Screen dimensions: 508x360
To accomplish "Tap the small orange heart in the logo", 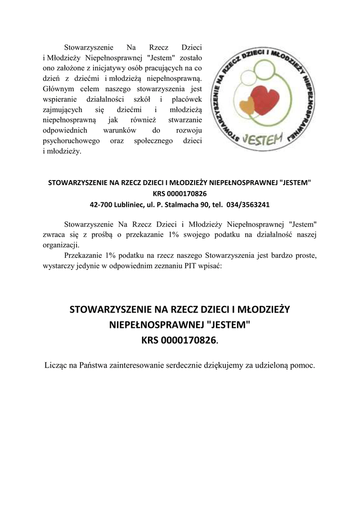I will point(245,105).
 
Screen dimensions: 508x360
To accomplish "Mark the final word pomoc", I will point(302,366).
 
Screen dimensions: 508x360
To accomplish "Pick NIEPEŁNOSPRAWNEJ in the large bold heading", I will point(155,325).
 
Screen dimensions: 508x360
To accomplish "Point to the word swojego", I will point(191,234).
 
